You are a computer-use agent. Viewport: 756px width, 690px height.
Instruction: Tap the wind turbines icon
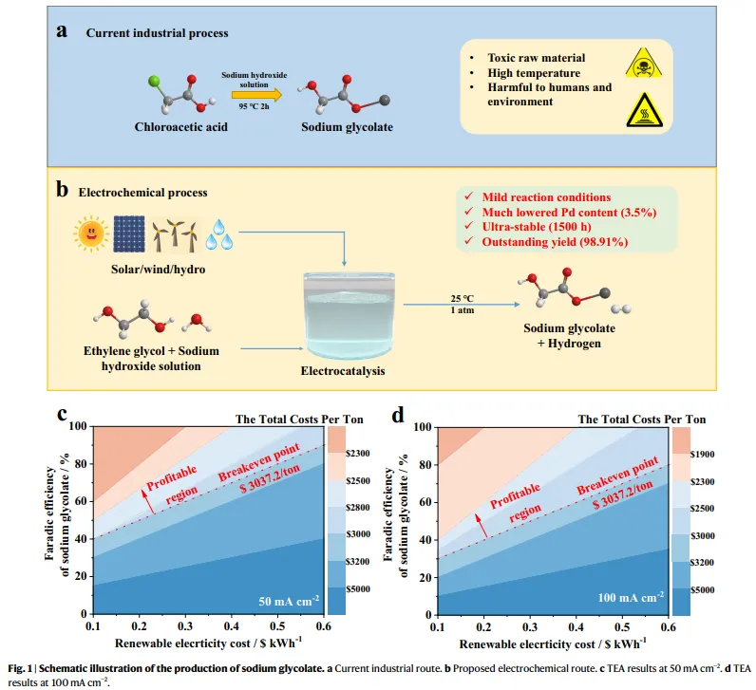coord(176,233)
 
